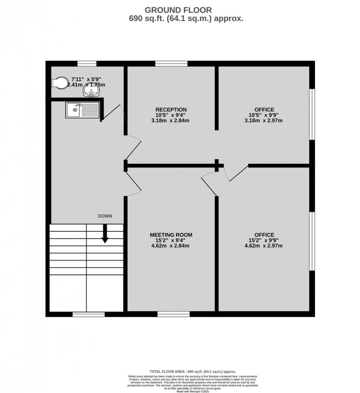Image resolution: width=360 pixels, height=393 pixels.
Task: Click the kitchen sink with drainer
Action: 82,110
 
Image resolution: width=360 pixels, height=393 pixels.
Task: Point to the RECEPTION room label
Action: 171,109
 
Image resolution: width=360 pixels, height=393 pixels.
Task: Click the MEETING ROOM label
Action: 171,235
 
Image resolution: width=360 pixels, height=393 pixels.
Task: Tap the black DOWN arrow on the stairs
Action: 105,233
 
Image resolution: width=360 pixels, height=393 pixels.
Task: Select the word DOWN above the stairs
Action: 105,216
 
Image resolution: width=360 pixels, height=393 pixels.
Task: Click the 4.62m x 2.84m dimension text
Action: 171,246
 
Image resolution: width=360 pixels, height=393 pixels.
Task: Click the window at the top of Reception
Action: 171,64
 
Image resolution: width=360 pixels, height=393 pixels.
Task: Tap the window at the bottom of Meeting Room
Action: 173,314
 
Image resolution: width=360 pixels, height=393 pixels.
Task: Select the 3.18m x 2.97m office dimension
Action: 264,120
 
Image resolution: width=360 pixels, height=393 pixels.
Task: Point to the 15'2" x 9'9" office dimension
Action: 264,241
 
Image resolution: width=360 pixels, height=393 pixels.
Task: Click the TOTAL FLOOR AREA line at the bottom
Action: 192,372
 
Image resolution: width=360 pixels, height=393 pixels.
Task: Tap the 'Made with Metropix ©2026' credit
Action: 192,391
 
